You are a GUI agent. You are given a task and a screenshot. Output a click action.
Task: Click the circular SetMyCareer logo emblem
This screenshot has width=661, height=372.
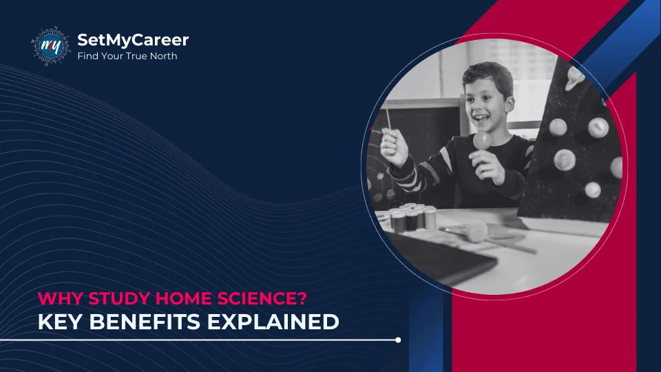(50, 46)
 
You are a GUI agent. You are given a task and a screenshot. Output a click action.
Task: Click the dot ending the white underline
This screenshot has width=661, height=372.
(398, 340)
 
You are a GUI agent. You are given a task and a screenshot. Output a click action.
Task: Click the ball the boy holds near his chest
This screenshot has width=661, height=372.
(481, 141)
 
